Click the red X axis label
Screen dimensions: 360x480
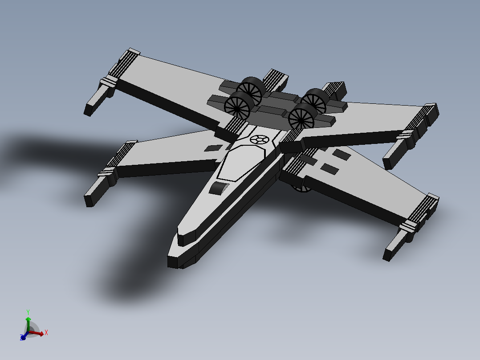pos(46,332)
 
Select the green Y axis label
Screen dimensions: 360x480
pos(28,312)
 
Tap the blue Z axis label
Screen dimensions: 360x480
pos(21,338)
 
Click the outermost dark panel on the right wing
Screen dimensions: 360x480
pos(341,154)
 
